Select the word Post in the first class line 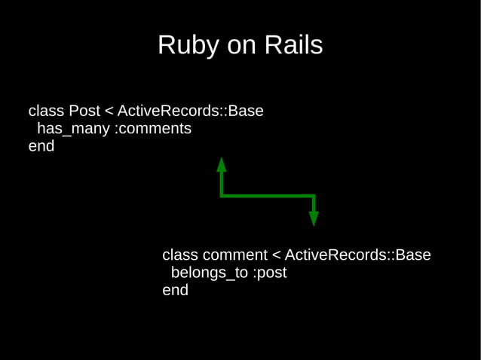(84, 111)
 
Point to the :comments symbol (152, 129)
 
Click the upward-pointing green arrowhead (222, 165)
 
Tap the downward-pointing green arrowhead (314, 218)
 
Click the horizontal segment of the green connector (268, 196)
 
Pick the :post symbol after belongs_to (270, 273)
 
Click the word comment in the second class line (235, 255)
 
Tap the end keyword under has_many (41, 146)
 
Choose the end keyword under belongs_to (176, 290)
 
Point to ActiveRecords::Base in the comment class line (358, 255)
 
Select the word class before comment (180, 255)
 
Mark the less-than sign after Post (110, 111)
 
